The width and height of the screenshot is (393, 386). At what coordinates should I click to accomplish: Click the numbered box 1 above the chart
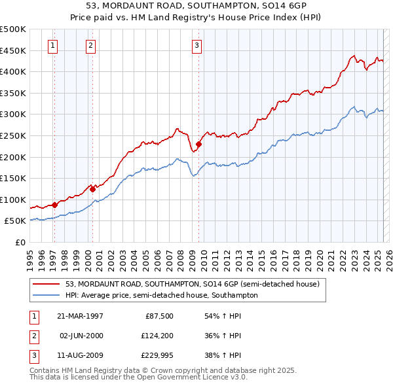tap(52, 45)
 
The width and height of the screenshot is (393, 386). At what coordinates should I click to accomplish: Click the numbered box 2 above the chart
tap(90, 45)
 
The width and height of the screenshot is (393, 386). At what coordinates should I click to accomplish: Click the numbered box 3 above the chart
tap(196, 45)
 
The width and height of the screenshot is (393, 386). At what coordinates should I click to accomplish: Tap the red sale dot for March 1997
tap(55, 205)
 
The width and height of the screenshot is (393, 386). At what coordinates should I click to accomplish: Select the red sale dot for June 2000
tap(92, 189)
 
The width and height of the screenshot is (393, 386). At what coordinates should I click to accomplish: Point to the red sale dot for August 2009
tap(198, 144)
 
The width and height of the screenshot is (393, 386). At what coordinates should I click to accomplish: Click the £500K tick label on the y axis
tap(13, 29)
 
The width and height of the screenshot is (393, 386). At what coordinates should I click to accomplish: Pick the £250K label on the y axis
tap(13, 135)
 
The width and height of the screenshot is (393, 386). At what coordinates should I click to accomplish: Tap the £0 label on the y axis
tap(20, 242)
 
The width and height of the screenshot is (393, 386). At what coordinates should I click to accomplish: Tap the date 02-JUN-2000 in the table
tap(82, 336)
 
